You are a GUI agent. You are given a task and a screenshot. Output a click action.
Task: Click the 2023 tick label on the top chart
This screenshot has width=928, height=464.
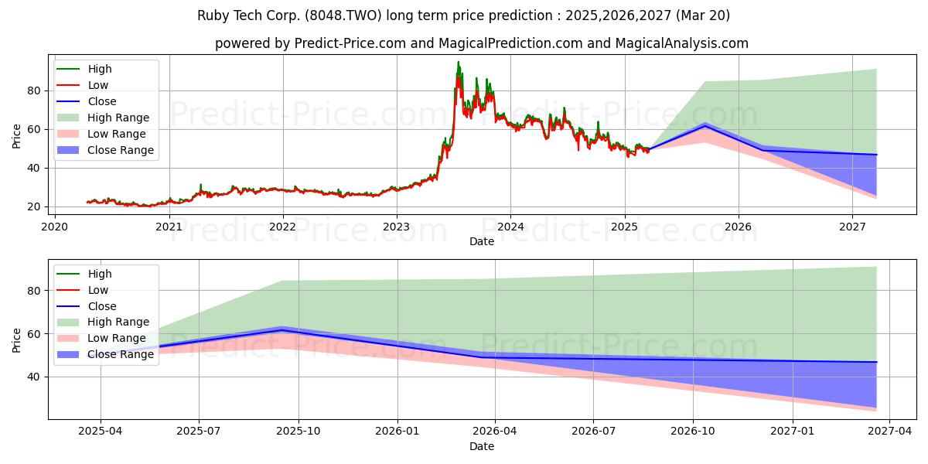point(397,227)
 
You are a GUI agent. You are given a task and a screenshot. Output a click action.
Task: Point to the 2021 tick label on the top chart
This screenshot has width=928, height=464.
point(169,227)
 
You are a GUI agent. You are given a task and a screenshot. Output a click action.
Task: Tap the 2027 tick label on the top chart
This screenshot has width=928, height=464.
point(852,227)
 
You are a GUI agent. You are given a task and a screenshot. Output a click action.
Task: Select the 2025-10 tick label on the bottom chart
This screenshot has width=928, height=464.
point(299,432)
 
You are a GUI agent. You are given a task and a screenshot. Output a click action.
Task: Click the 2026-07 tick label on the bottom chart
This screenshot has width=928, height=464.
point(593,432)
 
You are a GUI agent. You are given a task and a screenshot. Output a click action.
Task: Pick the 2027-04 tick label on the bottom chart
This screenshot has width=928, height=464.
point(890,432)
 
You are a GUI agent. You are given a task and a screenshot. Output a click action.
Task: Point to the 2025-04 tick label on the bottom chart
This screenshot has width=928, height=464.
point(101,432)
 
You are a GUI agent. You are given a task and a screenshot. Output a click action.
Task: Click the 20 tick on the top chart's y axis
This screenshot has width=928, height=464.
point(33,206)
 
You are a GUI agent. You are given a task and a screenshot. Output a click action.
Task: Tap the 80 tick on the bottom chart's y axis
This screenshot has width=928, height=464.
point(33,291)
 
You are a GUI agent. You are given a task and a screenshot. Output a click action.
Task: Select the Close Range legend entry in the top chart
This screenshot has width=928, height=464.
point(105,150)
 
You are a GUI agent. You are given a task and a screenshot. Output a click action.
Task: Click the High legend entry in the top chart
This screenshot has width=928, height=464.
point(84,69)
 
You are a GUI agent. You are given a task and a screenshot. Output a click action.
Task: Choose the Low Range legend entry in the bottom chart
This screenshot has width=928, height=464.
point(101,338)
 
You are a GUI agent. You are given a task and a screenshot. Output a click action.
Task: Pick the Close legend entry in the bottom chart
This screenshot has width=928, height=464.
point(86,306)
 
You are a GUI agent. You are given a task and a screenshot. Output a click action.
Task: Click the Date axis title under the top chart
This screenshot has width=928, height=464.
point(481,241)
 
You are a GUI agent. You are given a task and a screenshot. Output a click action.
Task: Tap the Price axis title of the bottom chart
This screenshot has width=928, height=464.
point(16,340)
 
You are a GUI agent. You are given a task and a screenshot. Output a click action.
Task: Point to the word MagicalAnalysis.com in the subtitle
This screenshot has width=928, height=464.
point(682,43)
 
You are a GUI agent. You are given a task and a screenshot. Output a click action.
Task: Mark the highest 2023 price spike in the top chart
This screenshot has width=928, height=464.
point(458,62)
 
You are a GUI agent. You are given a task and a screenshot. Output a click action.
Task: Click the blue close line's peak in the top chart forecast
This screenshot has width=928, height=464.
point(705,125)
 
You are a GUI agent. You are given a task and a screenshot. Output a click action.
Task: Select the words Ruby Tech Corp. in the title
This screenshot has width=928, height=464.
point(249,15)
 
